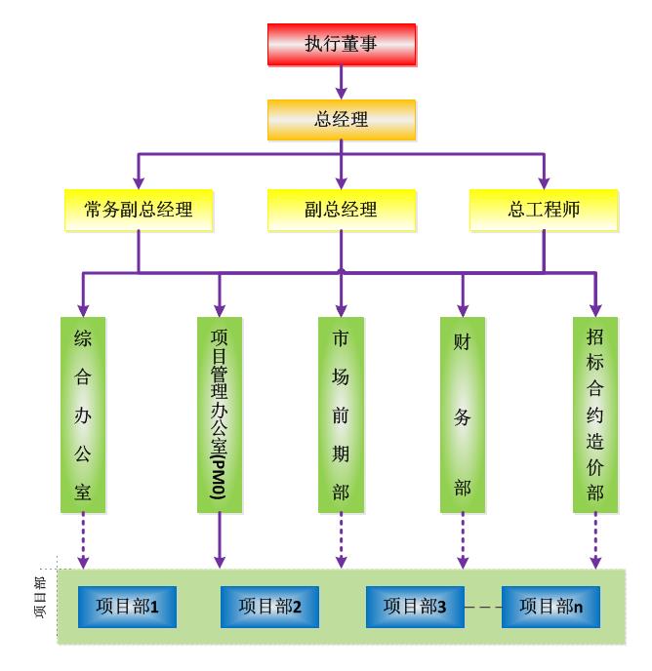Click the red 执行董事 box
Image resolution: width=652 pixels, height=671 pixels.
pos(342,44)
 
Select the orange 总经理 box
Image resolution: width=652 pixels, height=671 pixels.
pos(342,120)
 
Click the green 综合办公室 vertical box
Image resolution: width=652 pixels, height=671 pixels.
pos(82,414)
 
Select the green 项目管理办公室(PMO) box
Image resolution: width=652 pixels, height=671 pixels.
pos(219,414)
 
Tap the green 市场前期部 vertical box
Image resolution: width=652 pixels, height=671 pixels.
pos(341,414)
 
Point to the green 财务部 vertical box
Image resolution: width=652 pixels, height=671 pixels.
pos(463,414)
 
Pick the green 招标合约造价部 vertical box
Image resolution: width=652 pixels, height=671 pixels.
pos(594,414)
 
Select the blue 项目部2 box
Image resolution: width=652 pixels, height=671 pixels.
pos(269,607)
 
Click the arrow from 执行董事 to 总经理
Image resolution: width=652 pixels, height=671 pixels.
pos(342,82)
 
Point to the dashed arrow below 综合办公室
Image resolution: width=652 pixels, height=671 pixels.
pos(82,541)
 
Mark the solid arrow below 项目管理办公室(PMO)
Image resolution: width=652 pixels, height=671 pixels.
pos(219,541)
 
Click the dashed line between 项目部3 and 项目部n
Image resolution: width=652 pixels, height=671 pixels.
pos(482,608)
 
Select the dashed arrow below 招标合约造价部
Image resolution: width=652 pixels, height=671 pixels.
pos(594,541)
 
